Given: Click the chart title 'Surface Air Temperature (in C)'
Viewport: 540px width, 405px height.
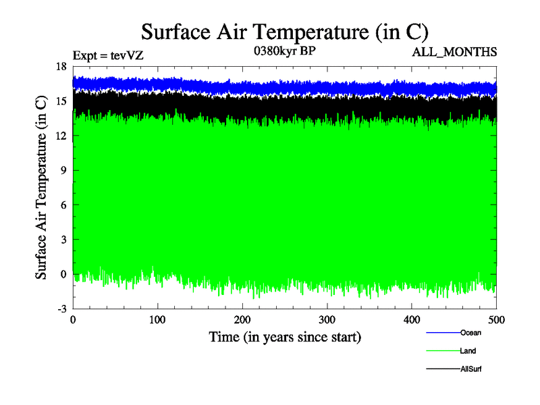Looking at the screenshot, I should [284, 32].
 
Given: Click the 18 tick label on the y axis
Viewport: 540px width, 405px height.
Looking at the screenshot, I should [61, 66].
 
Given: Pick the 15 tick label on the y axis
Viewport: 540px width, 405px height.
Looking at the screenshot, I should [61, 101].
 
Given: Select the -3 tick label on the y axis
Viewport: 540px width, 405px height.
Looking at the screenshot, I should [61, 308].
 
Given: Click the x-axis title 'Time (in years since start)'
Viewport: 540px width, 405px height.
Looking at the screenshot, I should [285, 336].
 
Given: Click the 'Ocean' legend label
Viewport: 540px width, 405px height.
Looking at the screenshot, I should [470, 333].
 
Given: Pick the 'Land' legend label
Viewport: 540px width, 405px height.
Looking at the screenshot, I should [468, 351].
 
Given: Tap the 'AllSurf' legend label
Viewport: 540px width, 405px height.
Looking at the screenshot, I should [471, 369].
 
